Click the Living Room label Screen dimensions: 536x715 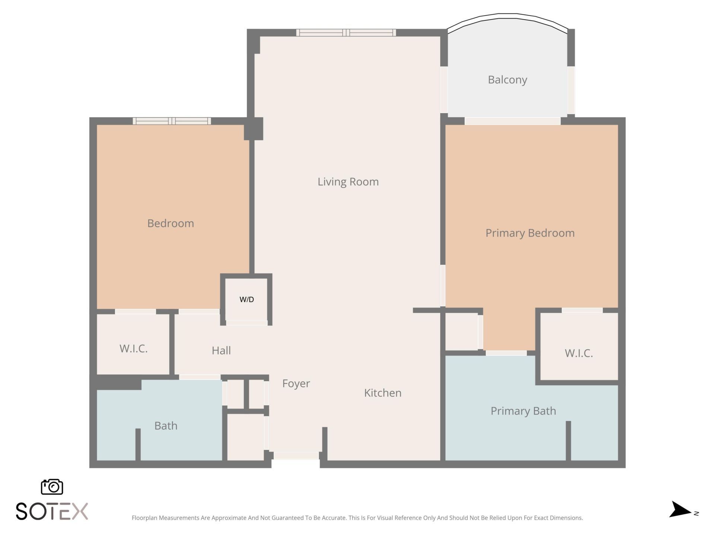click(348, 182)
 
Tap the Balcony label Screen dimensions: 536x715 click(507, 80)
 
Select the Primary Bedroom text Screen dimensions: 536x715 click(530, 233)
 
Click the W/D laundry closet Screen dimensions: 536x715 click(247, 299)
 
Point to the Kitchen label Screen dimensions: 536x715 click(382, 393)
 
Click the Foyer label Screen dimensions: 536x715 click(296, 383)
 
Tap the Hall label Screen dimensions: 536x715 click(221, 350)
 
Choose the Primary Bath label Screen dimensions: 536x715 click(523, 411)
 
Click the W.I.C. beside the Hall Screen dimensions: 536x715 click(133, 348)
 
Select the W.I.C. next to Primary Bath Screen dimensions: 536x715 click(578, 353)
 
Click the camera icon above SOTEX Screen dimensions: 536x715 click(52, 487)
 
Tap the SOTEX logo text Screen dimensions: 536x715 click(52, 511)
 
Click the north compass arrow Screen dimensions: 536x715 click(681, 510)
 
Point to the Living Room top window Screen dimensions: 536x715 click(346, 33)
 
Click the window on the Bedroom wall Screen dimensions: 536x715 click(172, 121)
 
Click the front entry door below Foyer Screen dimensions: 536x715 click(296, 456)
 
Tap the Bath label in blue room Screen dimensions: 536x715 click(166, 425)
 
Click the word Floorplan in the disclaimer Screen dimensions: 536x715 click(144, 518)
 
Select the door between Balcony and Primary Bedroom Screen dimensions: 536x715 click(512, 121)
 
